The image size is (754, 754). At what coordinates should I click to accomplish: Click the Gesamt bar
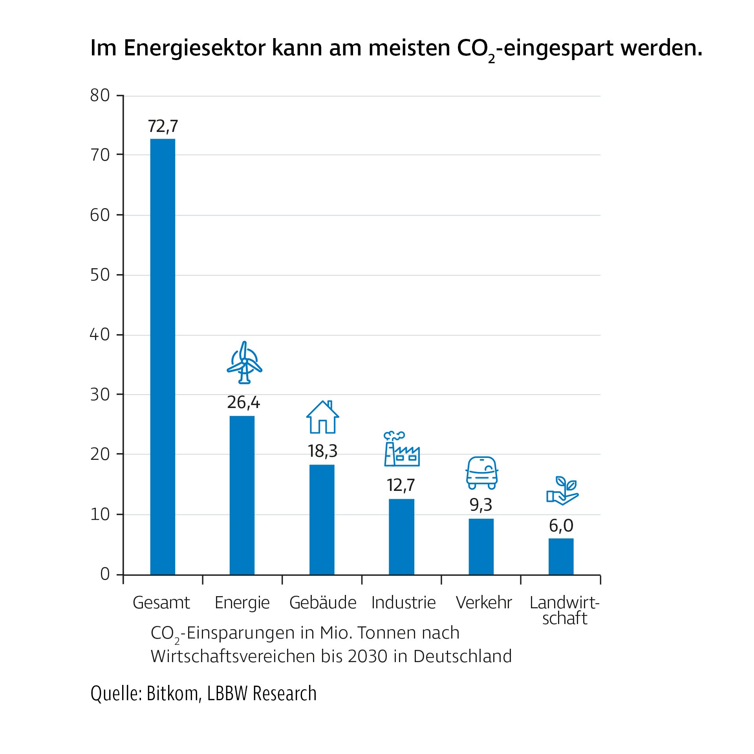click(163, 357)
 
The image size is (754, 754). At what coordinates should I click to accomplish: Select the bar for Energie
click(242, 495)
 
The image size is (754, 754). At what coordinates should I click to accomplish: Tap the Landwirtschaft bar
click(561, 556)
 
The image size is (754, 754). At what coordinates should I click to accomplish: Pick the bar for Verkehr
click(481, 547)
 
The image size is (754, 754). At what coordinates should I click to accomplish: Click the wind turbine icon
click(244, 362)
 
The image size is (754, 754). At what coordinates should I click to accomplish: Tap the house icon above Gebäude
click(322, 417)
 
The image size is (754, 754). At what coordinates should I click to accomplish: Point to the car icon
click(482, 472)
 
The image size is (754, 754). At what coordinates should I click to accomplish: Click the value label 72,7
click(163, 126)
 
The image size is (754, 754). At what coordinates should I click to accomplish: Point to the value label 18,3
click(322, 451)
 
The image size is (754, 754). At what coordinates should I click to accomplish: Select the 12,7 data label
click(401, 485)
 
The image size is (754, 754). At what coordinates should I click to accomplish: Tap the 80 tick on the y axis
click(100, 95)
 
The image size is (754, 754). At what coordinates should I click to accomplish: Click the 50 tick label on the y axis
click(100, 275)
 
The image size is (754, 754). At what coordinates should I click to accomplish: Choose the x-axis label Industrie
click(403, 603)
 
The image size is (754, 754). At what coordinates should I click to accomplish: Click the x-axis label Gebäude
click(323, 603)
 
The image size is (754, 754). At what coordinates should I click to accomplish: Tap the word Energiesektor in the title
click(195, 48)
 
